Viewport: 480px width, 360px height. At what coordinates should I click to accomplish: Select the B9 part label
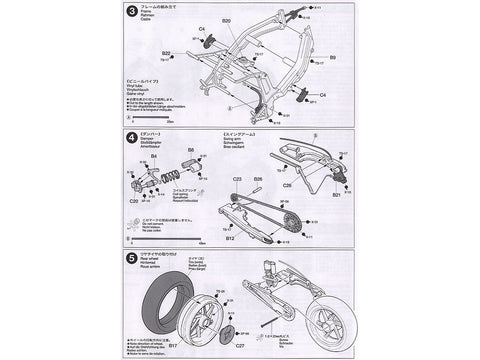point(331,59)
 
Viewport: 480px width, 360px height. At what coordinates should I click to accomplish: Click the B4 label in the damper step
point(156,157)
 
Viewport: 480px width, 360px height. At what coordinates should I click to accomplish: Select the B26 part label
point(257,179)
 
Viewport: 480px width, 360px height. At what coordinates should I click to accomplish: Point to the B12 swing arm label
point(229,238)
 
